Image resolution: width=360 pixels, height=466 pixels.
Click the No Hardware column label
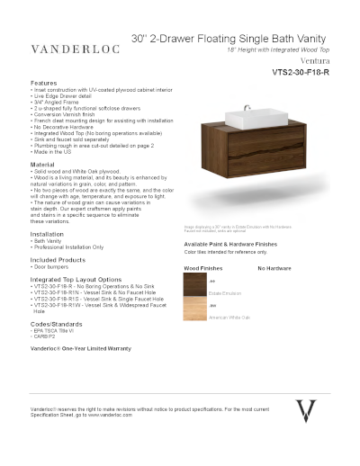point(276,269)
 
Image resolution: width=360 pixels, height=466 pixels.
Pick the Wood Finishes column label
point(204,269)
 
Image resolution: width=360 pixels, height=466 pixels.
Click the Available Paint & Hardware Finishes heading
point(240,244)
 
